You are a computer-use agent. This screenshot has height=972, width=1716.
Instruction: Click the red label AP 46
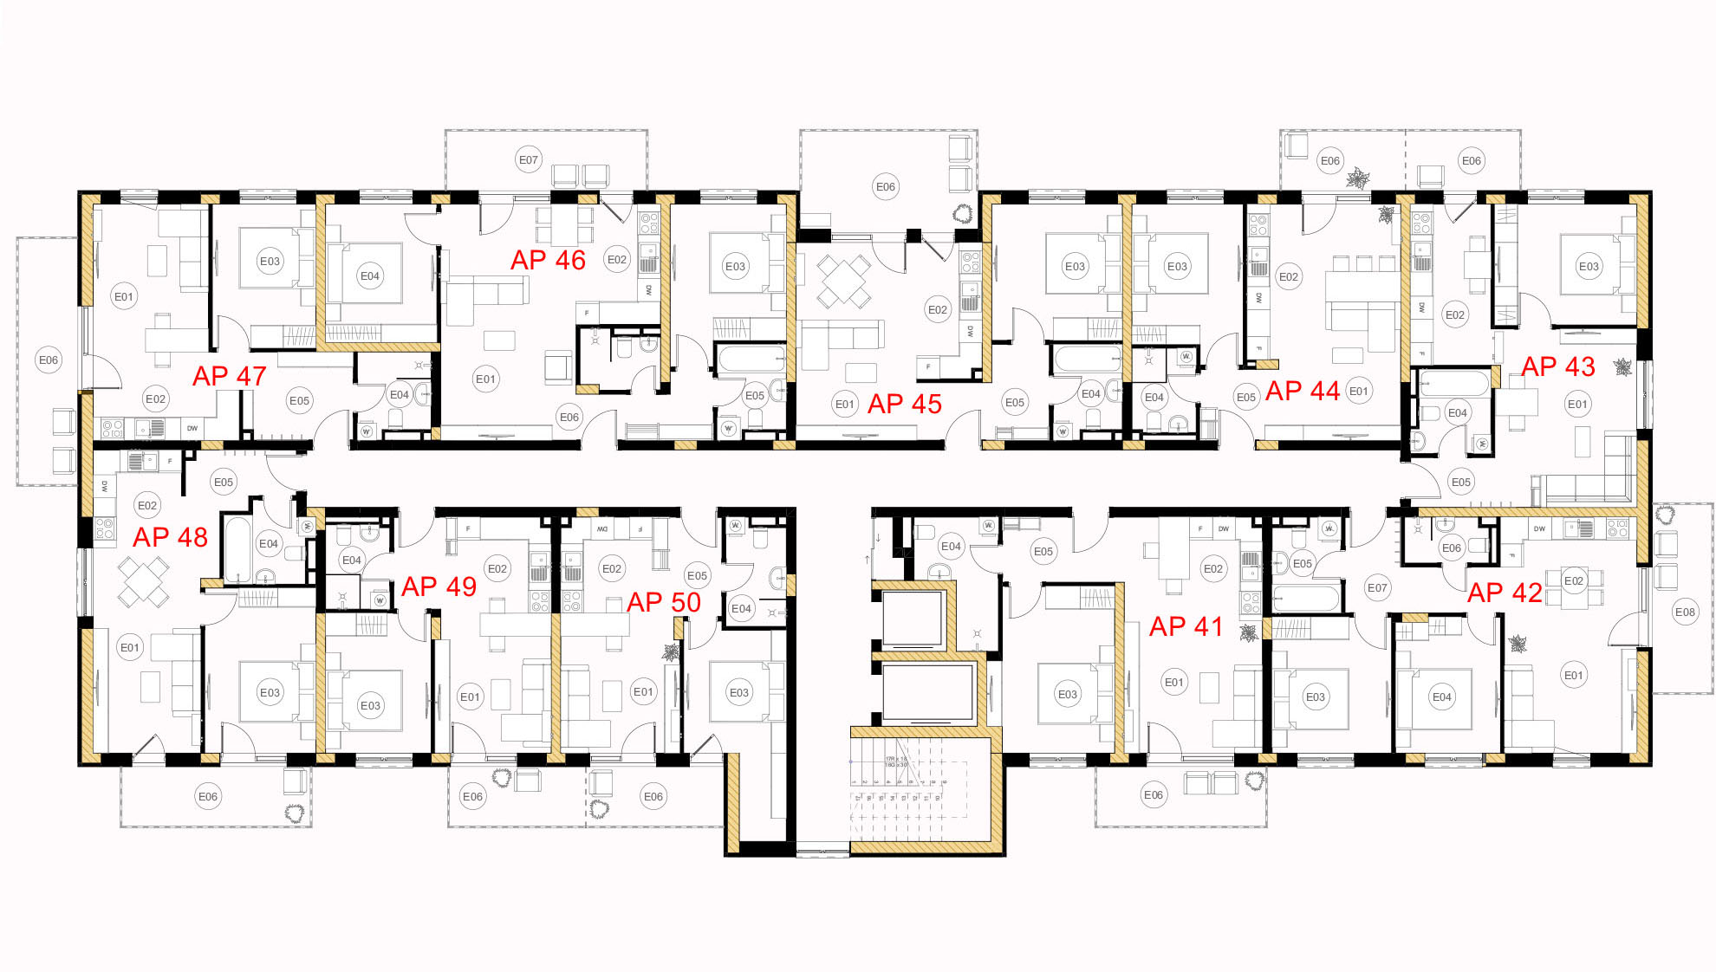(x=548, y=260)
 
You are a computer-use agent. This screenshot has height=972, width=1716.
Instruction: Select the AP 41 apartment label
(x=1186, y=626)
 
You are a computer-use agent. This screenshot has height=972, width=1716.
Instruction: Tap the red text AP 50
(x=664, y=602)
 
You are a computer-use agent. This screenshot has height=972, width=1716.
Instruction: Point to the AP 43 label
(x=1558, y=366)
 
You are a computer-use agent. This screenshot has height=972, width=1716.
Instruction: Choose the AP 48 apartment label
(x=170, y=537)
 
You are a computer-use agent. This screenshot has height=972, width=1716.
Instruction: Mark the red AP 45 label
(x=904, y=404)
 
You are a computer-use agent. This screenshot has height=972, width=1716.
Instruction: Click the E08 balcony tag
(x=1685, y=612)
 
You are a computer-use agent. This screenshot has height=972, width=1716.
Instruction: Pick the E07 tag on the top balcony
(x=529, y=159)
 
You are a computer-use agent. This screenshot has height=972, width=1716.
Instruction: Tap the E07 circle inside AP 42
(x=1377, y=587)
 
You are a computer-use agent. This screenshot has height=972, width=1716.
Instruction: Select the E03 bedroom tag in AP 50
(x=738, y=692)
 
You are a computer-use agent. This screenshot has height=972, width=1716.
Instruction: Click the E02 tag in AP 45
(x=938, y=309)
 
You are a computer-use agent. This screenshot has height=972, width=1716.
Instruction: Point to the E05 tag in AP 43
(x=1461, y=482)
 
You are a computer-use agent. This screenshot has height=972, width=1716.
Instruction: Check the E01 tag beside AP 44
(x=1359, y=391)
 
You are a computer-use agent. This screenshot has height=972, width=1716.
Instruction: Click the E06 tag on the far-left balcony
(x=49, y=360)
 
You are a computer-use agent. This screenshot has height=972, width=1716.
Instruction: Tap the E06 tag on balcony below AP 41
(x=1154, y=794)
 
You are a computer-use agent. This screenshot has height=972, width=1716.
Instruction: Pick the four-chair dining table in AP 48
(x=144, y=581)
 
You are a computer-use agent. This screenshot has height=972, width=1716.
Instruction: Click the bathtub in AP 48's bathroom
(x=237, y=548)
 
